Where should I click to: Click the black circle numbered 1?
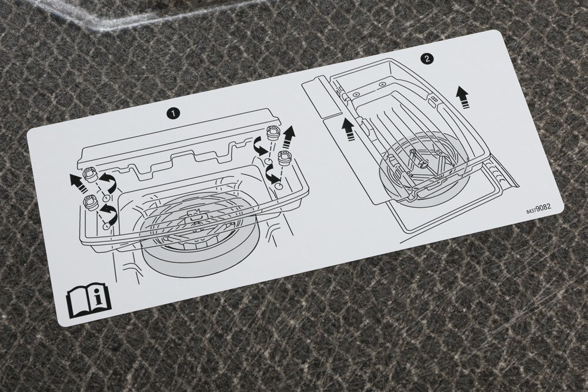click(173, 113)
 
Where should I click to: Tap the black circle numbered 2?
click(426, 59)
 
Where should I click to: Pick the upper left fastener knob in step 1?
click(89, 175)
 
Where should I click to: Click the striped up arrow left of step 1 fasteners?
click(75, 181)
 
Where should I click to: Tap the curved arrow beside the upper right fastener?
click(259, 145)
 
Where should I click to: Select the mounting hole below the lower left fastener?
click(106, 225)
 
